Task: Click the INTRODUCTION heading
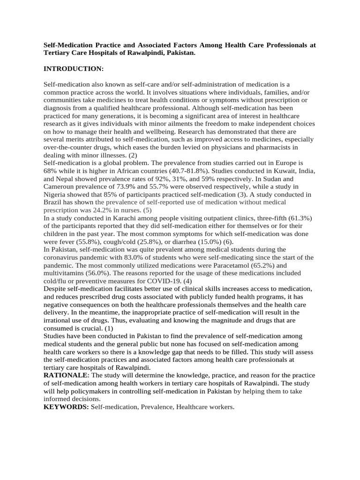point(73,69)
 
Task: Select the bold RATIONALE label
point(66,376)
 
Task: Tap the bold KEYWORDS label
point(66,407)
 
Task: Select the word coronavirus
point(63,257)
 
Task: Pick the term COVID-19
point(162,281)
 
